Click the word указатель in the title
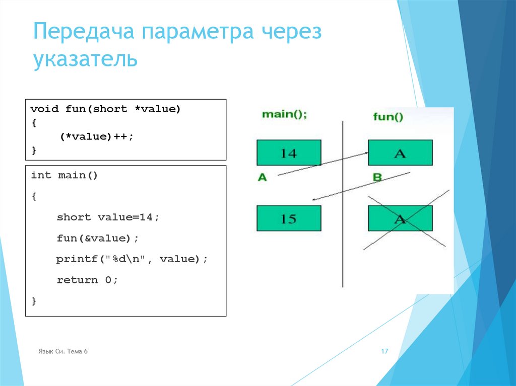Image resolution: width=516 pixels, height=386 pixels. coord(85,59)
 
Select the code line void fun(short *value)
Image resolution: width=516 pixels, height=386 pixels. coord(105,109)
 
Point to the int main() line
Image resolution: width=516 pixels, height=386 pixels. coord(64,175)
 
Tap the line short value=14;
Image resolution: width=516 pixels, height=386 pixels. coord(108,217)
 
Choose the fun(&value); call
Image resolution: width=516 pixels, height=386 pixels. coord(97,238)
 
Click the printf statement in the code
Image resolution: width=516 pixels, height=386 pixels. coord(132,259)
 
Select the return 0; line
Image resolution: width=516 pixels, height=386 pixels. coord(87,280)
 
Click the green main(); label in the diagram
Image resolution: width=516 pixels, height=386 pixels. coord(284,115)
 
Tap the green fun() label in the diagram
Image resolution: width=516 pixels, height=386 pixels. coord(388,117)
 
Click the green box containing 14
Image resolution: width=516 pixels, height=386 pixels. coord(289,152)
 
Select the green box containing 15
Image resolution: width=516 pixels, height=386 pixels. coord(289,218)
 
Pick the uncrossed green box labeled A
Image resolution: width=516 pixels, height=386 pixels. coord(400,152)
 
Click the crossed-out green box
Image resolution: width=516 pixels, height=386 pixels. coord(400,218)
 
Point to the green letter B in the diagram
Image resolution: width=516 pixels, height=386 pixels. coord(377,178)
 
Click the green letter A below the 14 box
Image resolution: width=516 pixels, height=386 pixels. coord(262,178)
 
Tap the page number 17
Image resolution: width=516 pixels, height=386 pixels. coord(384,352)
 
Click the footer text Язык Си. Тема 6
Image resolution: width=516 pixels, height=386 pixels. coord(63,352)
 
